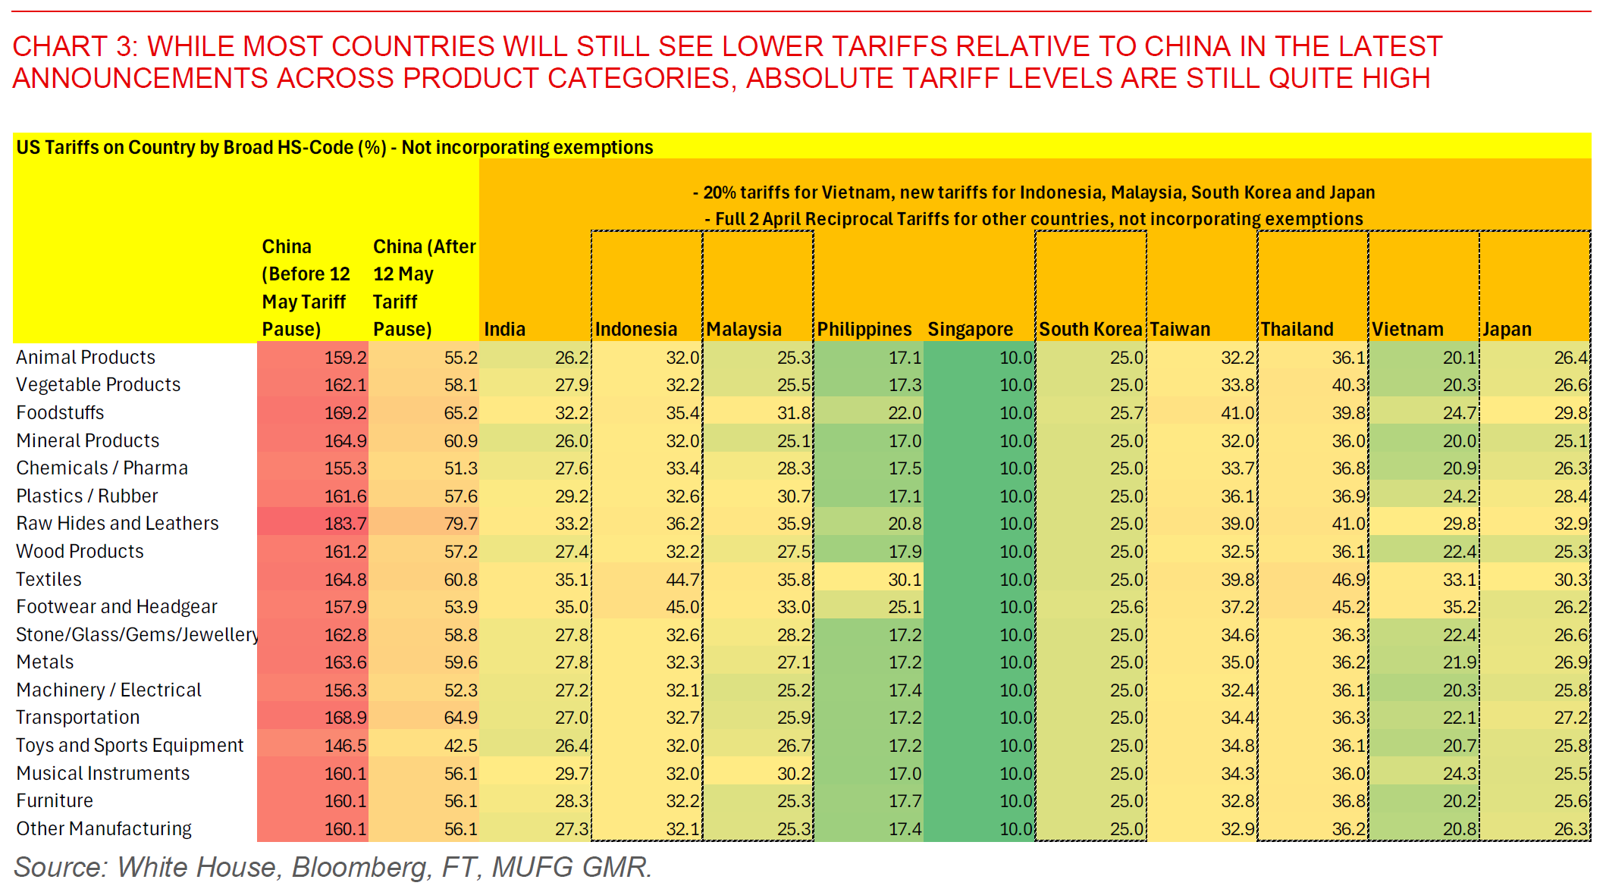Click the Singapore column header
pyautogui.click(x=970, y=330)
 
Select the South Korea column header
pyautogui.click(x=1090, y=330)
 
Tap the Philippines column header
pyautogui.click(x=864, y=330)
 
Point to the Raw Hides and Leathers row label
pyautogui.click(x=118, y=524)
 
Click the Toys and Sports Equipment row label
pyautogui.click(x=130, y=746)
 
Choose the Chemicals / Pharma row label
pyautogui.click(x=102, y=468)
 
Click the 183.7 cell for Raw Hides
pyautogui.click(x=345, y=524)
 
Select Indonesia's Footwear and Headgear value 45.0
pyautogui.click(x=682, y=607)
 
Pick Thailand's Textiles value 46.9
pyautogui.click(x=1348, y=580)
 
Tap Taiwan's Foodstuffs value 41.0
pyautogui.click(x=1237, y=413)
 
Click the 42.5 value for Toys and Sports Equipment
pyautogui.click(x=460, y=746)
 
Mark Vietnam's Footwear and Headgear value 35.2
pyautogui.click(x=1460, y=607)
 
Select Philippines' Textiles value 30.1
pyautogui.click(x=905, y=580)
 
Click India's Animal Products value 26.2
pyautogui.click(x=572, y=358)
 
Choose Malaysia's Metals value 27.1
pyautogui.click(x=794, y=662)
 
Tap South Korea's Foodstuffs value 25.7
pyautogui.click(x=1127, y=413)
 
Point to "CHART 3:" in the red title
pyautogui.click(x=74, y=47)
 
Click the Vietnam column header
pyautogui.click(x=1407, y=330)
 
